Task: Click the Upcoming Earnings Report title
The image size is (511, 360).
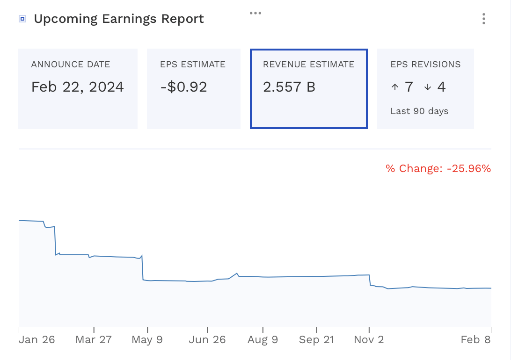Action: click(x=119, y=19)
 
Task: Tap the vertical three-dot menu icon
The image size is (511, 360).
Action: click(x=483, y=19)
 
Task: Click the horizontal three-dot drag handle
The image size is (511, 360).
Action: click(x=255, y=13)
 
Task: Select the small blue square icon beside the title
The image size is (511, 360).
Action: click(x=22, y=19)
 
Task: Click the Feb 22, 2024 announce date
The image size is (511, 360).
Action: click(x=78, y=87)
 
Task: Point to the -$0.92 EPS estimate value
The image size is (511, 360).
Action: click(x=183, y=87)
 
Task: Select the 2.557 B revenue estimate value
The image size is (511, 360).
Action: click(x=289, y=87)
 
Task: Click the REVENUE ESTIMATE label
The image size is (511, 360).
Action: click(x=309, y=65)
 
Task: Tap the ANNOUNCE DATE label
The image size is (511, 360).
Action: click(x=71, y=65)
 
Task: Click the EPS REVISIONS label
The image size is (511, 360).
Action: click(x=425, y=65)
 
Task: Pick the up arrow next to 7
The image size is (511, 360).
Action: click(x=394, y=87)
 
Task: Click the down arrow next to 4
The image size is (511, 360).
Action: click(x=427, y=87)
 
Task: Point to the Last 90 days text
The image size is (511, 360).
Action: click(x=419, y=111)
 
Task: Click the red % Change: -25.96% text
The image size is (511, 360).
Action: click(x=438, y=169)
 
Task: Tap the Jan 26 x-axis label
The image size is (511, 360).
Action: click(x=37, y=340)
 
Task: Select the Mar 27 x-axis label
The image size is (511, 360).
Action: click(x=94, y=340)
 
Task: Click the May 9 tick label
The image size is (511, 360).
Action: click(x=147, y=340)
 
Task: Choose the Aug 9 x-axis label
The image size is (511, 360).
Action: click(x=263, y=340)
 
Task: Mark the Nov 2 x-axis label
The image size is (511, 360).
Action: click(x=369, y=340)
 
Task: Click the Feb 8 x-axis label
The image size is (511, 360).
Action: click(x=475, y=340)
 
